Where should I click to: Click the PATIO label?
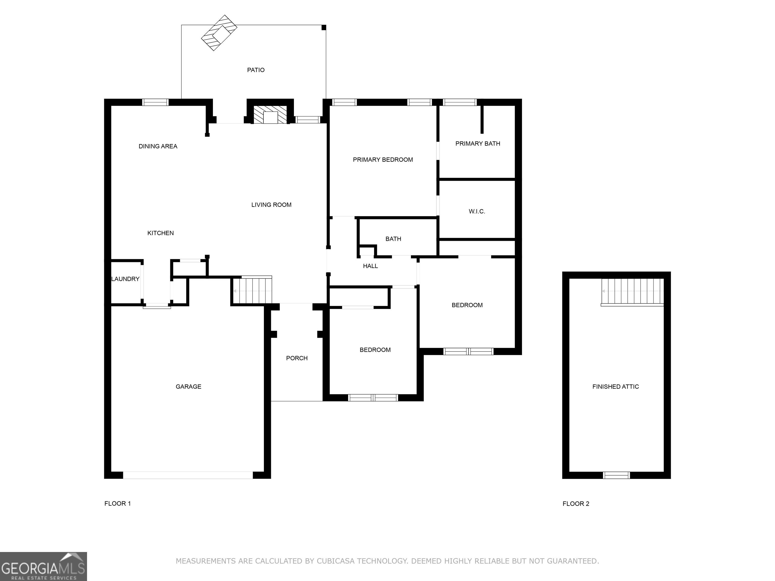[x=256, y=70]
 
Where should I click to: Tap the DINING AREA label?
[x=158, y=147]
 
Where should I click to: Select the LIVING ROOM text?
[x=271, y=205]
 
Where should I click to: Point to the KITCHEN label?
[x=160, y=233]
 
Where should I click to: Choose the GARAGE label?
[x=188, y=387]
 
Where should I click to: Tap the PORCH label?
[x=297, y=358]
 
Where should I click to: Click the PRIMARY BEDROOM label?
[x=383, y=160]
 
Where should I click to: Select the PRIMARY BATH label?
[x=478, y=143]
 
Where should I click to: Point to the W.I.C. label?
[x=477, y=212]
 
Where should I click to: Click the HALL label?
[x=370, y=266]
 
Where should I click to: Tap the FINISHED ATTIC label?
[x=616, y=387]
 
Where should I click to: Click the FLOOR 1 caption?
[x=117, y=504]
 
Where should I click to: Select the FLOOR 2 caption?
[x=576, y=504]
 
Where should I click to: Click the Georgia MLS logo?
[x=43, y=567]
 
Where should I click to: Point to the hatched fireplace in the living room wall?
[x=270, y=114]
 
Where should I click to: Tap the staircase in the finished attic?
[x=632, y=292]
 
